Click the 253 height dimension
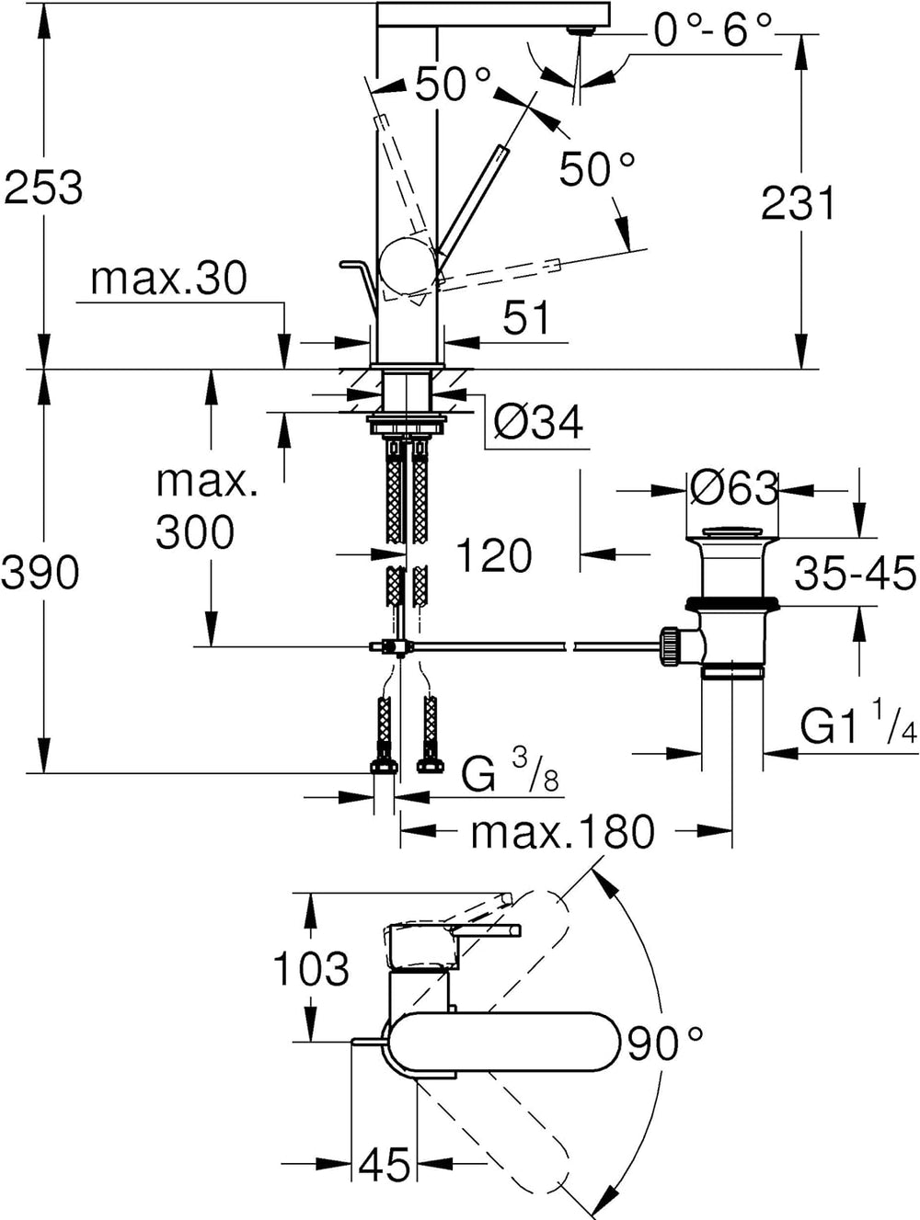(x=43, y=188)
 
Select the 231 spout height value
(x=798, y=203)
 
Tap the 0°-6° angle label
(x=713, y=32)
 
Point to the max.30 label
(x=168, y=279)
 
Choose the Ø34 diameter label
(x=538, y=423)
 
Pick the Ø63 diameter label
(x=733, y=489)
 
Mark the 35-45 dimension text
(x=855, y=574)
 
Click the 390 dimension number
(x=40, y=574)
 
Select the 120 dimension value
(x=494, y=555)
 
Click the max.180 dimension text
(x=562, y=832)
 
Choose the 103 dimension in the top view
(x=311, y=968)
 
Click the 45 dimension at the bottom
(x=384, y=1166)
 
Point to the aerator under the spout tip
(x=578, y=30)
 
